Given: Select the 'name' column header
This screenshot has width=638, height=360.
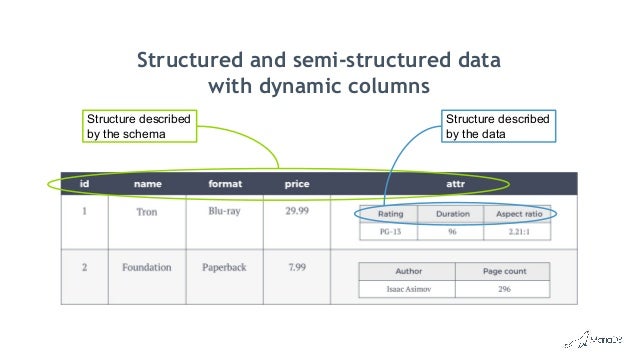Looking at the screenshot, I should point(147,185).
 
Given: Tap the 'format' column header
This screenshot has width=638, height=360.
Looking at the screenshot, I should point(225,185).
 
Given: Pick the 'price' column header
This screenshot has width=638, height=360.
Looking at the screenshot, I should point(297,185).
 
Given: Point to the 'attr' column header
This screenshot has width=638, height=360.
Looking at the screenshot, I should point(455,185).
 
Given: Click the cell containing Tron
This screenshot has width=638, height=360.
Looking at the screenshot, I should point(146,212).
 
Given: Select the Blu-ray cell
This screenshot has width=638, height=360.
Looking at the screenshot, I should point(225,212).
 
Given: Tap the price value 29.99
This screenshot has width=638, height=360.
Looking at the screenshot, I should point(297,212).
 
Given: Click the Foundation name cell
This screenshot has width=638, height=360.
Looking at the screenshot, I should point(147,268).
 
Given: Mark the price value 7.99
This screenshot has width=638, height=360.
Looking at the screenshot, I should point(296,268).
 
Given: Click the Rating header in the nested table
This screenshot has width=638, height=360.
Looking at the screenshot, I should point(391,214).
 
